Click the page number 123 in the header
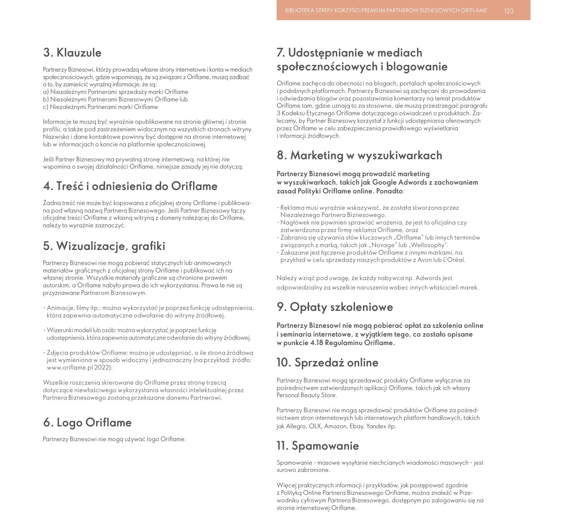click(x=509, y=11)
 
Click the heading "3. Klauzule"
click(x=72, y=53)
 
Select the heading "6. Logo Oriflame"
click(x=87, y=423)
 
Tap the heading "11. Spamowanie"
click(x=317, y=446)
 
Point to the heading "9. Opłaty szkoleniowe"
click(x=335, y=307)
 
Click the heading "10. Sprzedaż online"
click(x=327, y=363)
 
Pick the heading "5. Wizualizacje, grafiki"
click(x=104, y=246)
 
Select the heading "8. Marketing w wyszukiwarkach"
click(x=359, y=155)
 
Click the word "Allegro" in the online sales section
click(x=296, y=426)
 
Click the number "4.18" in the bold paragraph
click(x=316, y=343)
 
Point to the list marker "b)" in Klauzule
click(x=46, y=100)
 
